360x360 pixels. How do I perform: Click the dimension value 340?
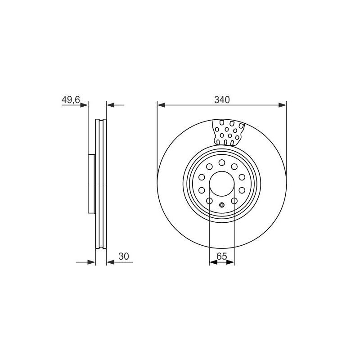coord(222,100)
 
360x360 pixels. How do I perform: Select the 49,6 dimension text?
coord(71,100)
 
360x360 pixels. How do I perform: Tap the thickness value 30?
coord(124,256)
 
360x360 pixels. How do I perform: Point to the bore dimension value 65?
coord(222,256)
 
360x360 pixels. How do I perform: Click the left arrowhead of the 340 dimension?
coord(162,105)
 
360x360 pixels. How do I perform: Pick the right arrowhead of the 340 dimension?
coord(283,105)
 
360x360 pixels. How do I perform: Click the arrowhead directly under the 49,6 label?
coord(84,105)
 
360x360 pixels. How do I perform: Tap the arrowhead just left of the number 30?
coord(111,262)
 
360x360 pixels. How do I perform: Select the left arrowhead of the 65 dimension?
coord(213,262)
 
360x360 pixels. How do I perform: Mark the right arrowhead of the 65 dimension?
coord(230,262)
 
